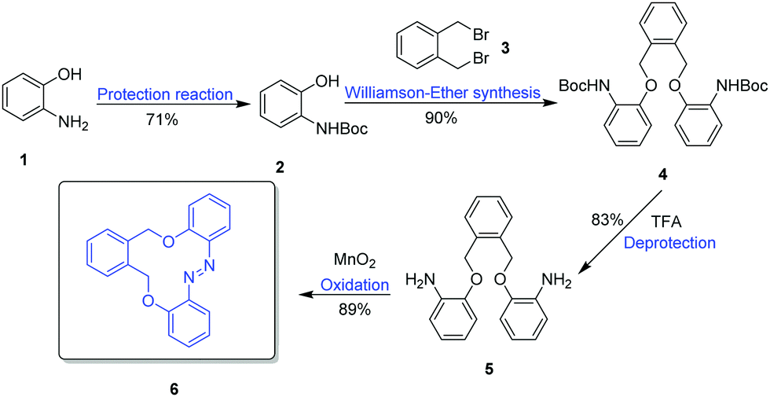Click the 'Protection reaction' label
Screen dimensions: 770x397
point(164,94)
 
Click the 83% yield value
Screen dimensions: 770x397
point(607,219)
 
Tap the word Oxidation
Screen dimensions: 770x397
point(354,285)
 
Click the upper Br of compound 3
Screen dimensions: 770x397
point(467,35)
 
